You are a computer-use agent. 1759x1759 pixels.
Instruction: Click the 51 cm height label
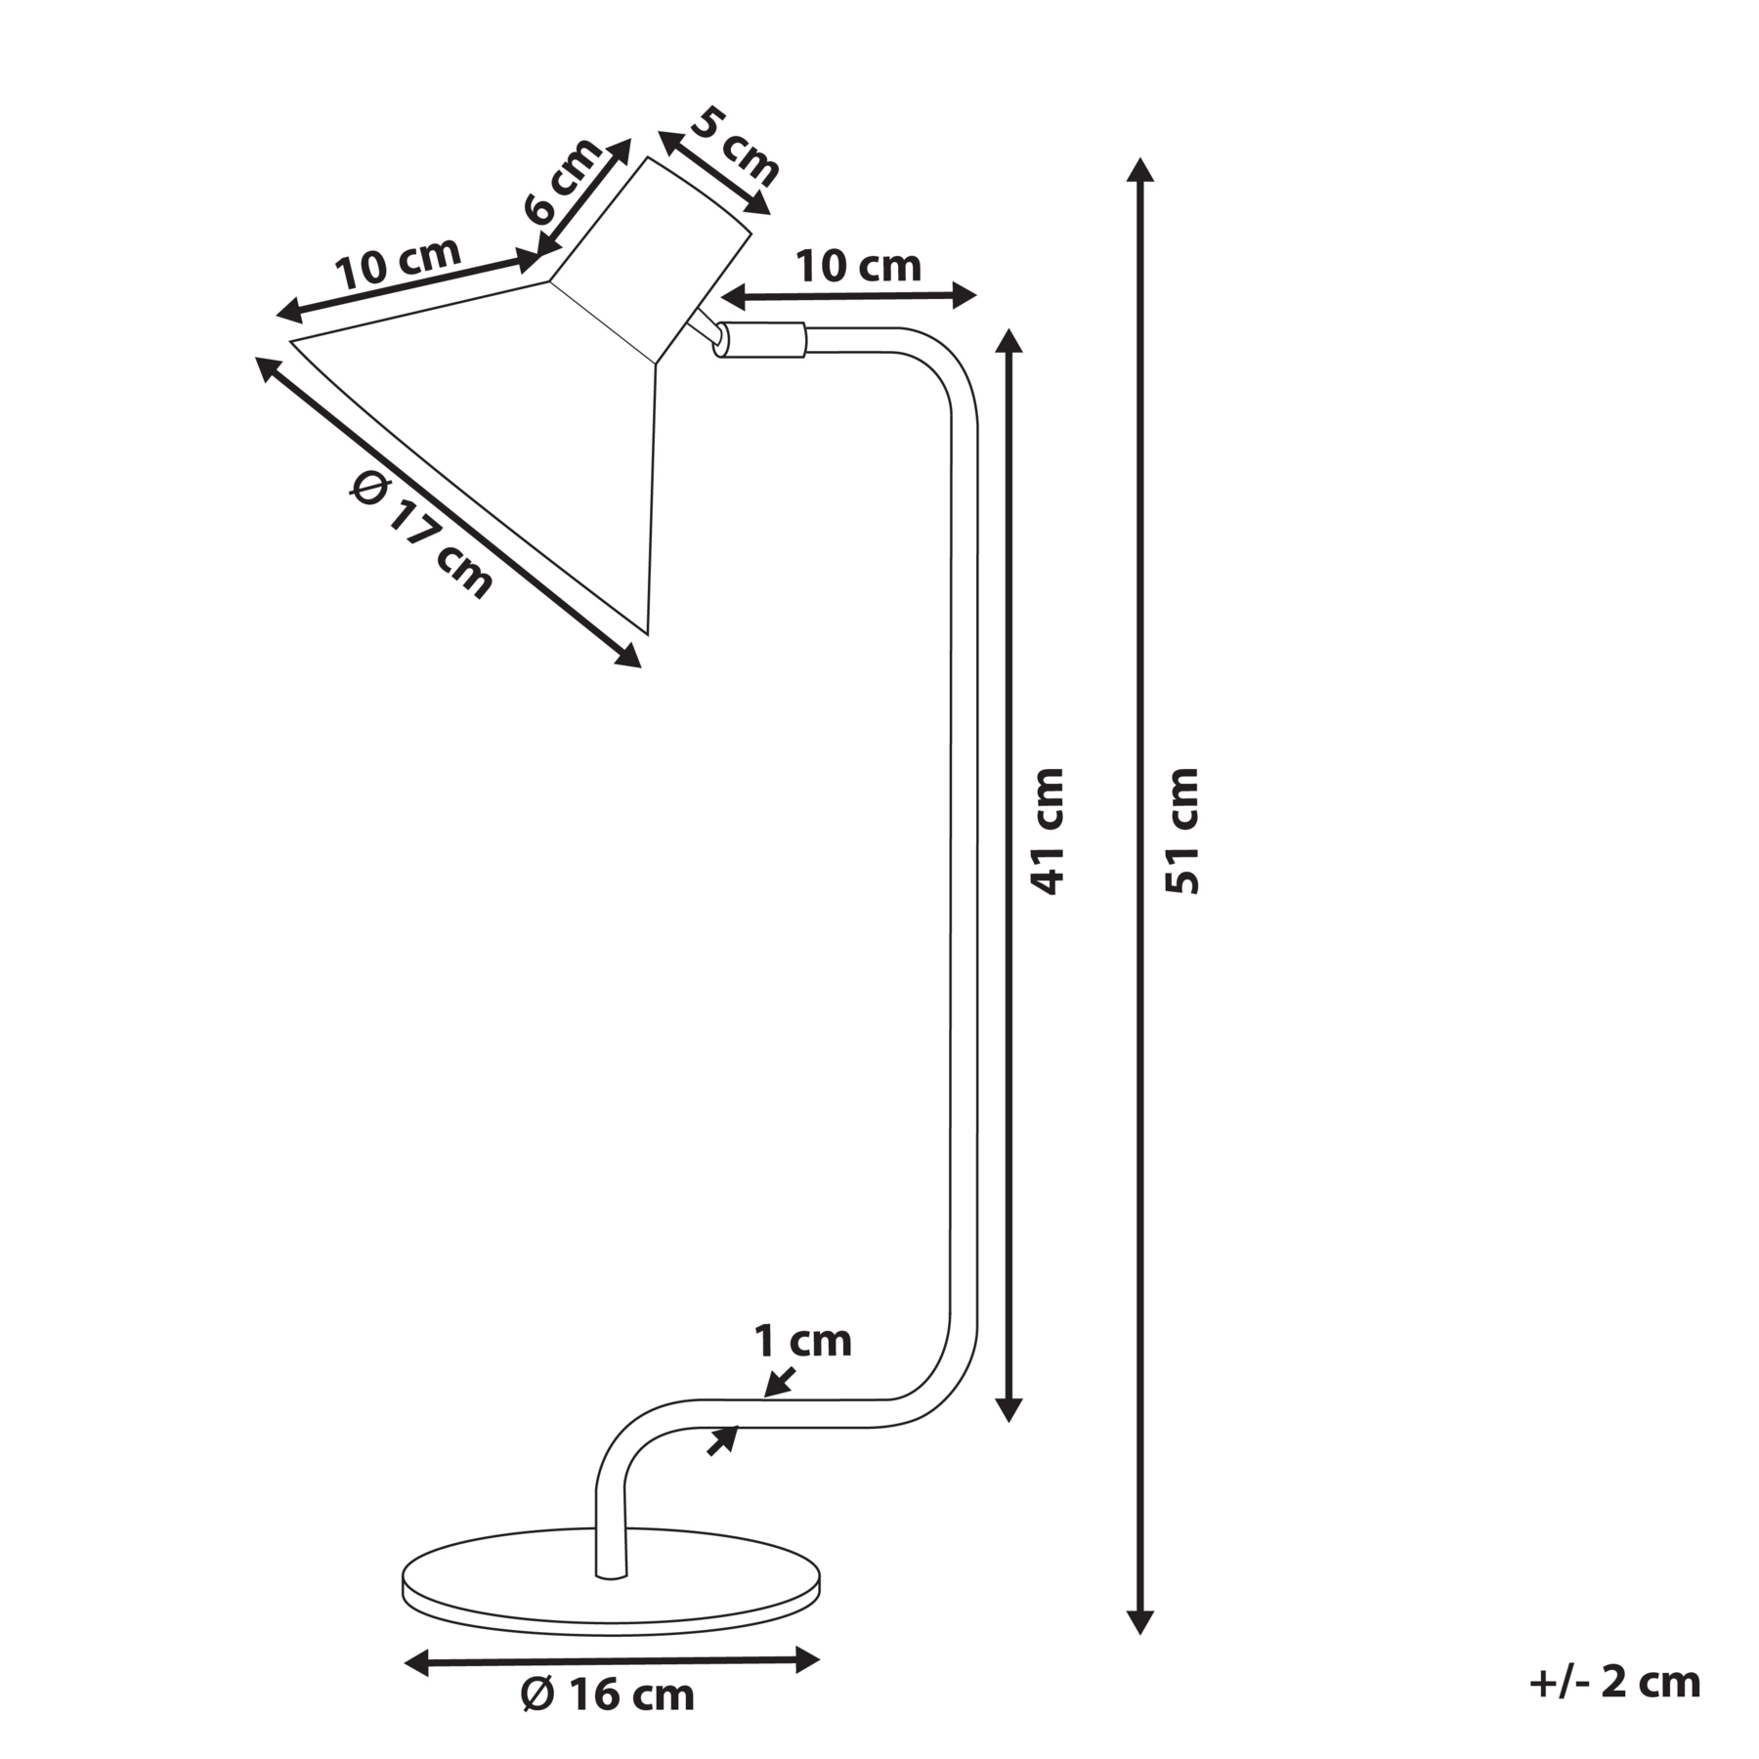(x=1183, y=831)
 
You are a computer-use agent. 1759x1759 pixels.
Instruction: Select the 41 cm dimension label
(x=1048, y=831)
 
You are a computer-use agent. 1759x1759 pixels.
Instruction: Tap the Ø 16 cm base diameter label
(x=608, y=1695)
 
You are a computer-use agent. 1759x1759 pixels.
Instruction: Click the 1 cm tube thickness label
(x=802, y=1341)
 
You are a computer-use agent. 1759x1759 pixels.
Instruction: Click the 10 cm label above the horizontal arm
(x=858, y=266)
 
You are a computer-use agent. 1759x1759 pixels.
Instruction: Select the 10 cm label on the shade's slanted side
(x=398, y=261)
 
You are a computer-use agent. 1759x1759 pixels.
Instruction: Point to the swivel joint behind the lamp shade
(x=710, y=331)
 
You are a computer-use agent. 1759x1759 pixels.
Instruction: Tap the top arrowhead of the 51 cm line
(x=1139, y=170)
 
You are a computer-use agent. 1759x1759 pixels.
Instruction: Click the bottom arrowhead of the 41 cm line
(x=1008, y=1408)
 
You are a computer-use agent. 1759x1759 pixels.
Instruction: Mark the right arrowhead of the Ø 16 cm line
(x=806, y=1659)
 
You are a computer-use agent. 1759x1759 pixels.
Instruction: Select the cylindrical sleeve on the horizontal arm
(x=761, y=340)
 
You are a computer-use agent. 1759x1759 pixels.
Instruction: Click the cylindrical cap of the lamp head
(x=651, y=260)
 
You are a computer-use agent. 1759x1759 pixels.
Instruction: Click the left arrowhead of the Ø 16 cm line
(x=417, y=1660)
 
